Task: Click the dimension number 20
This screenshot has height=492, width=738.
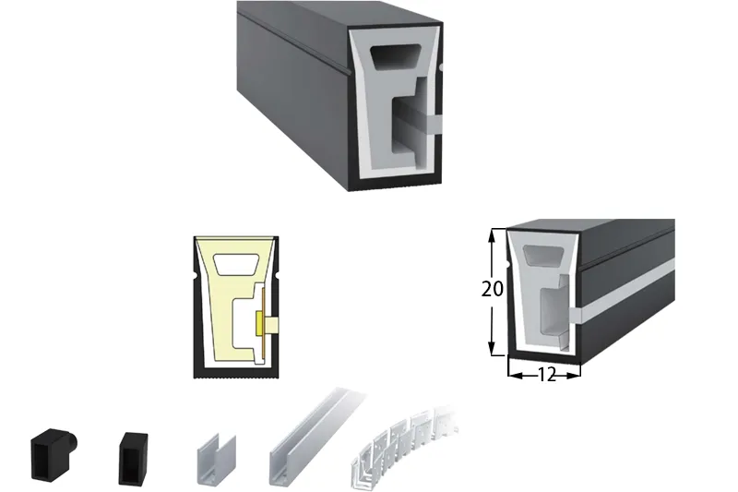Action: click(493, 289)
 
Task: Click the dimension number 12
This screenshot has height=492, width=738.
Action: click(546, 376)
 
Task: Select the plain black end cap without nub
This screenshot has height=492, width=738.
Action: click(133, 458)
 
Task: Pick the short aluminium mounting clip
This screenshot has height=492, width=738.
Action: click(216, 460)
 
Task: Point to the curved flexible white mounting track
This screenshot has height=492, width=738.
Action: click(403, 445)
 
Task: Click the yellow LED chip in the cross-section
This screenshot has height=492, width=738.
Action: click(260, 324)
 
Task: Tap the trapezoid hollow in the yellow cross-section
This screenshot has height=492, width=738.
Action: click(236, 265)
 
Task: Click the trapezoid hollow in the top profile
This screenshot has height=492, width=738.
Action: click(396, 56)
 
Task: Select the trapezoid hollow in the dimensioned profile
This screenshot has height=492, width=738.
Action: click(543, 257)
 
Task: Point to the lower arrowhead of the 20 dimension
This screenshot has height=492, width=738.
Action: click(493, 347)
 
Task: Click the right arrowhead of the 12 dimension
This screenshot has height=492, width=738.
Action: click(573, 376)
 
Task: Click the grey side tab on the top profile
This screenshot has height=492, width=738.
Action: click(434, 124)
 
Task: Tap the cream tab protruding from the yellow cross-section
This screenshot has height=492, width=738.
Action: click(271, 325)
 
